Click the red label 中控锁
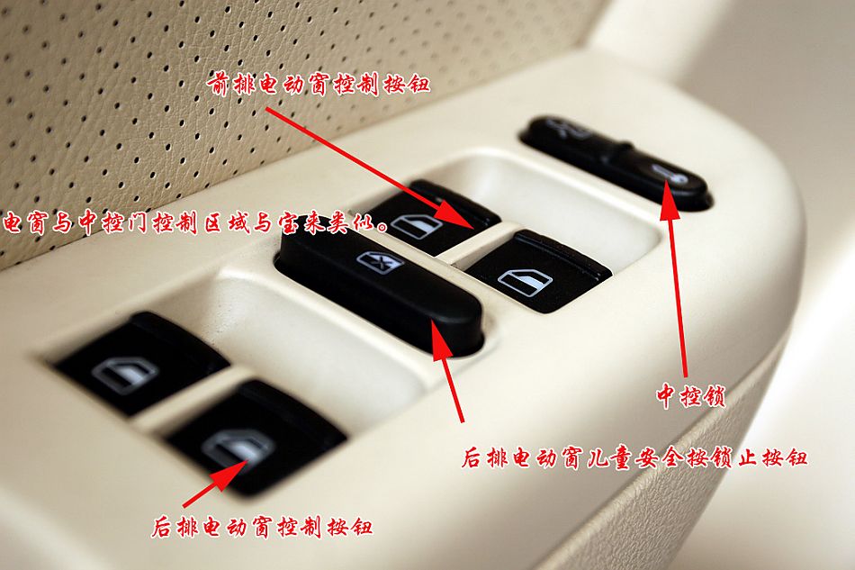691,395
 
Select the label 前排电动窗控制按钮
319,85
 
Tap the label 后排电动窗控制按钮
262,527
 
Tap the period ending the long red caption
382,228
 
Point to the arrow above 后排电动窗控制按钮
214,484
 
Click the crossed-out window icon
381,262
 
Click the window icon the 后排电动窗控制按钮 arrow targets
238,446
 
